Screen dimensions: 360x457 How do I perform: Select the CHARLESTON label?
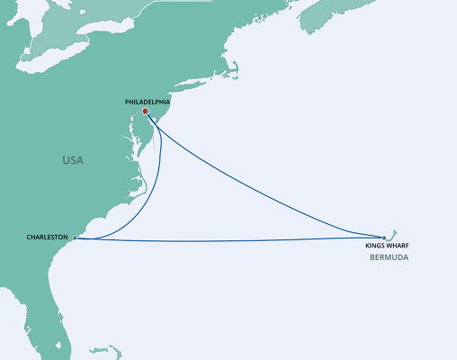point(48,238)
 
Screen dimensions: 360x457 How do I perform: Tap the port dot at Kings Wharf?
point(384,238)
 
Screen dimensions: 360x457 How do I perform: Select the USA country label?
point(73,160)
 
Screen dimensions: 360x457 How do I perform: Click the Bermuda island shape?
point(390,232)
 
